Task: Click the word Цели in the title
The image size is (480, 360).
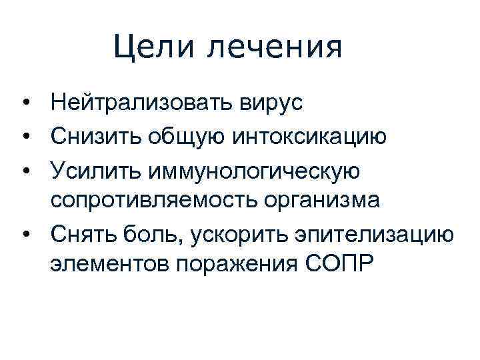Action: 149,47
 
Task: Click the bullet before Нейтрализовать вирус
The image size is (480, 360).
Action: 25,104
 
